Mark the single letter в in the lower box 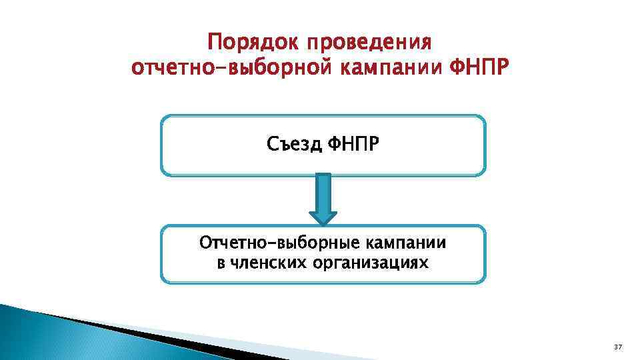(x=221, y=263)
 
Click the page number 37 (x=617, y=347)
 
